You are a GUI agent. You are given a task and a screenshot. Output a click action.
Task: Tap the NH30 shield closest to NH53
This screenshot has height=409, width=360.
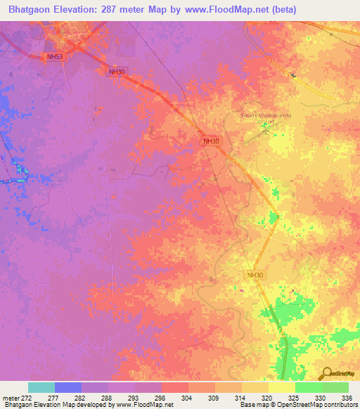[x=116, y=72]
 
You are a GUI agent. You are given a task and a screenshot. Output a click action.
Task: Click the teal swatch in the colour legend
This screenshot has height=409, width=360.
[x=41, y=387]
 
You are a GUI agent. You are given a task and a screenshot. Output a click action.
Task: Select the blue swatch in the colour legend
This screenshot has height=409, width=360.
[x=68, y=387]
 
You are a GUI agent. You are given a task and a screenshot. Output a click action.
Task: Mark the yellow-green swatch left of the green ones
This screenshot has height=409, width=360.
[x=282, y=387]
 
